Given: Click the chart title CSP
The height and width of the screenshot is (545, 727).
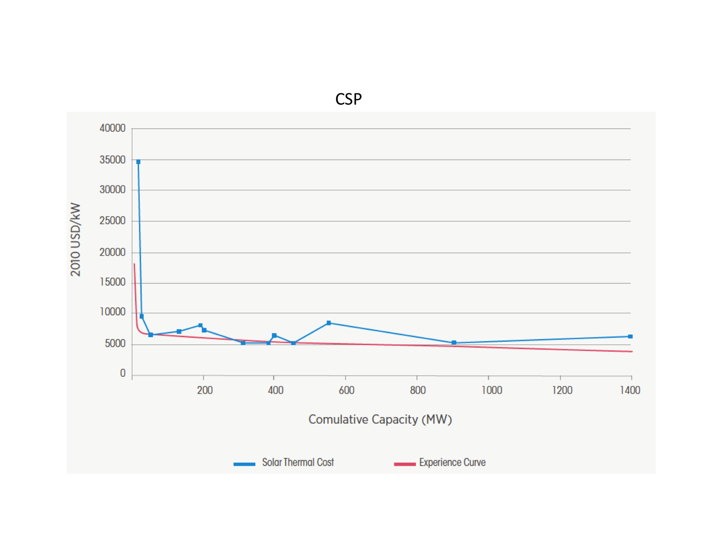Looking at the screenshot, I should pyautogui.click(x=348, y=99).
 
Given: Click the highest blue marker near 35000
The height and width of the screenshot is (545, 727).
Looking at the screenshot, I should pyautogui.click(x=138, y=162).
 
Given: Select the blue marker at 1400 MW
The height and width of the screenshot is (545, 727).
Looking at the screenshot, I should pyautogui.click(x=630, y=336).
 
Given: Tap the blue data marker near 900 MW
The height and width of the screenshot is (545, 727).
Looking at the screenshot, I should pyautogui.click(x=454, y=343).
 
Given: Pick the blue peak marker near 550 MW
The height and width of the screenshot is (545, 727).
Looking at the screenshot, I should pyautogui.click(x=329, y=323).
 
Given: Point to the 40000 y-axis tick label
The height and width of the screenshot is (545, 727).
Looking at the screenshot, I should pyautogui.click(x=112, y=128).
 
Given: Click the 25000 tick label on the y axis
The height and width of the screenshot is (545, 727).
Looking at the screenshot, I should pyautogui.click(x=112, y=221).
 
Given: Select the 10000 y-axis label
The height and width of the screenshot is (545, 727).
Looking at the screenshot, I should pyautogui.click(x=112, y=312).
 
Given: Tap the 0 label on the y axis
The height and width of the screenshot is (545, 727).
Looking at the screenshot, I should pyautogui.click(x=122, y=373).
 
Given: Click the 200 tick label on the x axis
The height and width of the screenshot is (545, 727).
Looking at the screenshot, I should pyautogui.click(x=205, y=391).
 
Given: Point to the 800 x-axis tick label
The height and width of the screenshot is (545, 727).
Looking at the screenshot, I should pyautogui.click(x=418, y=391).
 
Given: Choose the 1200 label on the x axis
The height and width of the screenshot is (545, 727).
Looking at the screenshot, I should pyautogui.click(x=562, y=391).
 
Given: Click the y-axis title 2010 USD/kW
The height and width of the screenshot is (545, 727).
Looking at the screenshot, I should pyautogui.click(x=75, y=239).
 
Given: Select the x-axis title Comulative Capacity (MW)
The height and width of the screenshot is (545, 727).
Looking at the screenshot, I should pyautogui.click(x=380, y=420).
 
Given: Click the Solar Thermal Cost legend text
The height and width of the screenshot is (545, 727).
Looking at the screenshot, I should pyautogui.click(x=298, y=463).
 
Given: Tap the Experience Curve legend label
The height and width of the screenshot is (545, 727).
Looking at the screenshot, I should pyautogui.click(x=452, y=463).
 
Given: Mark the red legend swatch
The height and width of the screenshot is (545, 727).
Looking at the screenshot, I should pyautogui.click(x=405, y=464).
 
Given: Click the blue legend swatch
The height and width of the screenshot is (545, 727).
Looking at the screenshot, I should pyautogui.click(x=244, y=464).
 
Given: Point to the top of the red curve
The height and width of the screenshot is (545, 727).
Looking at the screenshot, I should pyautogui.click(x=134, y=265).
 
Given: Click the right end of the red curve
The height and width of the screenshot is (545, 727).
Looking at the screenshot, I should pyautogui.click(x=632, y=351).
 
